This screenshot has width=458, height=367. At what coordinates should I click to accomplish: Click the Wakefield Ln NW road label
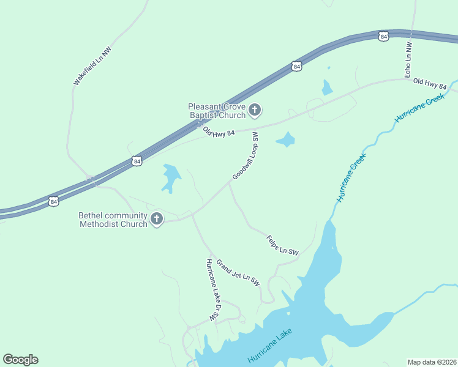pyautogui.click(x=91, y=65)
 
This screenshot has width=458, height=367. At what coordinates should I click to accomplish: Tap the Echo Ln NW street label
pyautogui.click(x=408, y=59)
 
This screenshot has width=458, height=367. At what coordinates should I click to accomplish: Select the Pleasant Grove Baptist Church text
pyautogui.click(x=217, y=110)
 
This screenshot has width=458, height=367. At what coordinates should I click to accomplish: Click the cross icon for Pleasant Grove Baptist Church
pyautogui.click(x=255, y=110)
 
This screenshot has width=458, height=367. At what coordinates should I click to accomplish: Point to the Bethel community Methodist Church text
pyautogui.click(x=113, y=220)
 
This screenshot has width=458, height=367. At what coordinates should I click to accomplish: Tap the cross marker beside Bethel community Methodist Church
pyautogui.click(x=157, y=219)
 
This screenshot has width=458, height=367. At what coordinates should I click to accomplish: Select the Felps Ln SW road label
pyautogui.click(x=282, y=245)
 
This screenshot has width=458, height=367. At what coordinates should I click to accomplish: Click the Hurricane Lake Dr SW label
pyautogui.click(x=212, y=289)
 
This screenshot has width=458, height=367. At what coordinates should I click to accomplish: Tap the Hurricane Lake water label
pyautogui.click(x=270, y=346)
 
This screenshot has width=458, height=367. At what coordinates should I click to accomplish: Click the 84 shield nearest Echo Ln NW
pyautogui.click(x=383, y=36)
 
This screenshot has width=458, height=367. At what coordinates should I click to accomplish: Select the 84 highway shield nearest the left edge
pyautogui.click(x=54, y=201)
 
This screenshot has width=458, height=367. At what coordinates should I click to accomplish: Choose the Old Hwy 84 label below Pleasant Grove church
pyautogui.click(x=219, y=132)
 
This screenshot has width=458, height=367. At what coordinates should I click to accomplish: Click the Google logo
pyautogui.click(x=20, y=359)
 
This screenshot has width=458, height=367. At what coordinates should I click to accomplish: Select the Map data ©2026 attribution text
pyautogui.click(x=432, y=362)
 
